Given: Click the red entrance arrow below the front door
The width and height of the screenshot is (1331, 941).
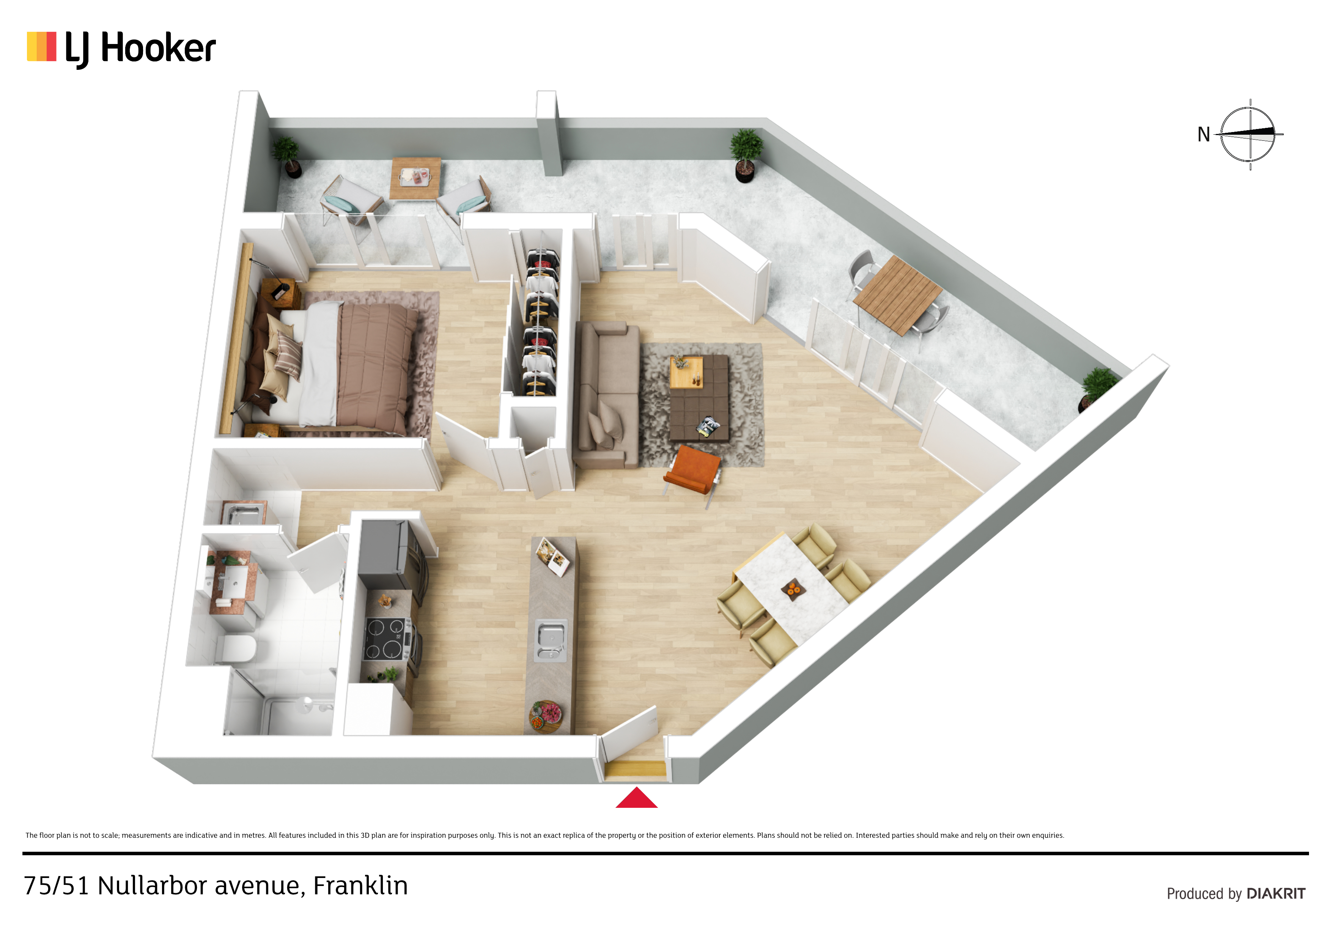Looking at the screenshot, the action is pos(637,798).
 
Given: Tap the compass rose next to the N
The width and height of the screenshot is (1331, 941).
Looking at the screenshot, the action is pos(1249,135).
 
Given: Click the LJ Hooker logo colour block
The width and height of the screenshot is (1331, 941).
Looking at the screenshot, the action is pos(42,46).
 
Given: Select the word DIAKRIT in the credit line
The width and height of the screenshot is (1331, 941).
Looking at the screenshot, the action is pos(1276,894).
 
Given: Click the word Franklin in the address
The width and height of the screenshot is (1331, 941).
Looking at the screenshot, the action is pos(360,885).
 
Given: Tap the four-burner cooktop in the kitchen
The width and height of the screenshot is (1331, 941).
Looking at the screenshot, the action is pos(385,639).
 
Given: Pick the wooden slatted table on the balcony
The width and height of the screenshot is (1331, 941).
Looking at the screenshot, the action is pos(897,295).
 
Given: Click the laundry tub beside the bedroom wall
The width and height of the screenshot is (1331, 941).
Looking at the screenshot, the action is pos(244,513).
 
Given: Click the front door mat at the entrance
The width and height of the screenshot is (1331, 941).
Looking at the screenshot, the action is pos(636,769).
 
